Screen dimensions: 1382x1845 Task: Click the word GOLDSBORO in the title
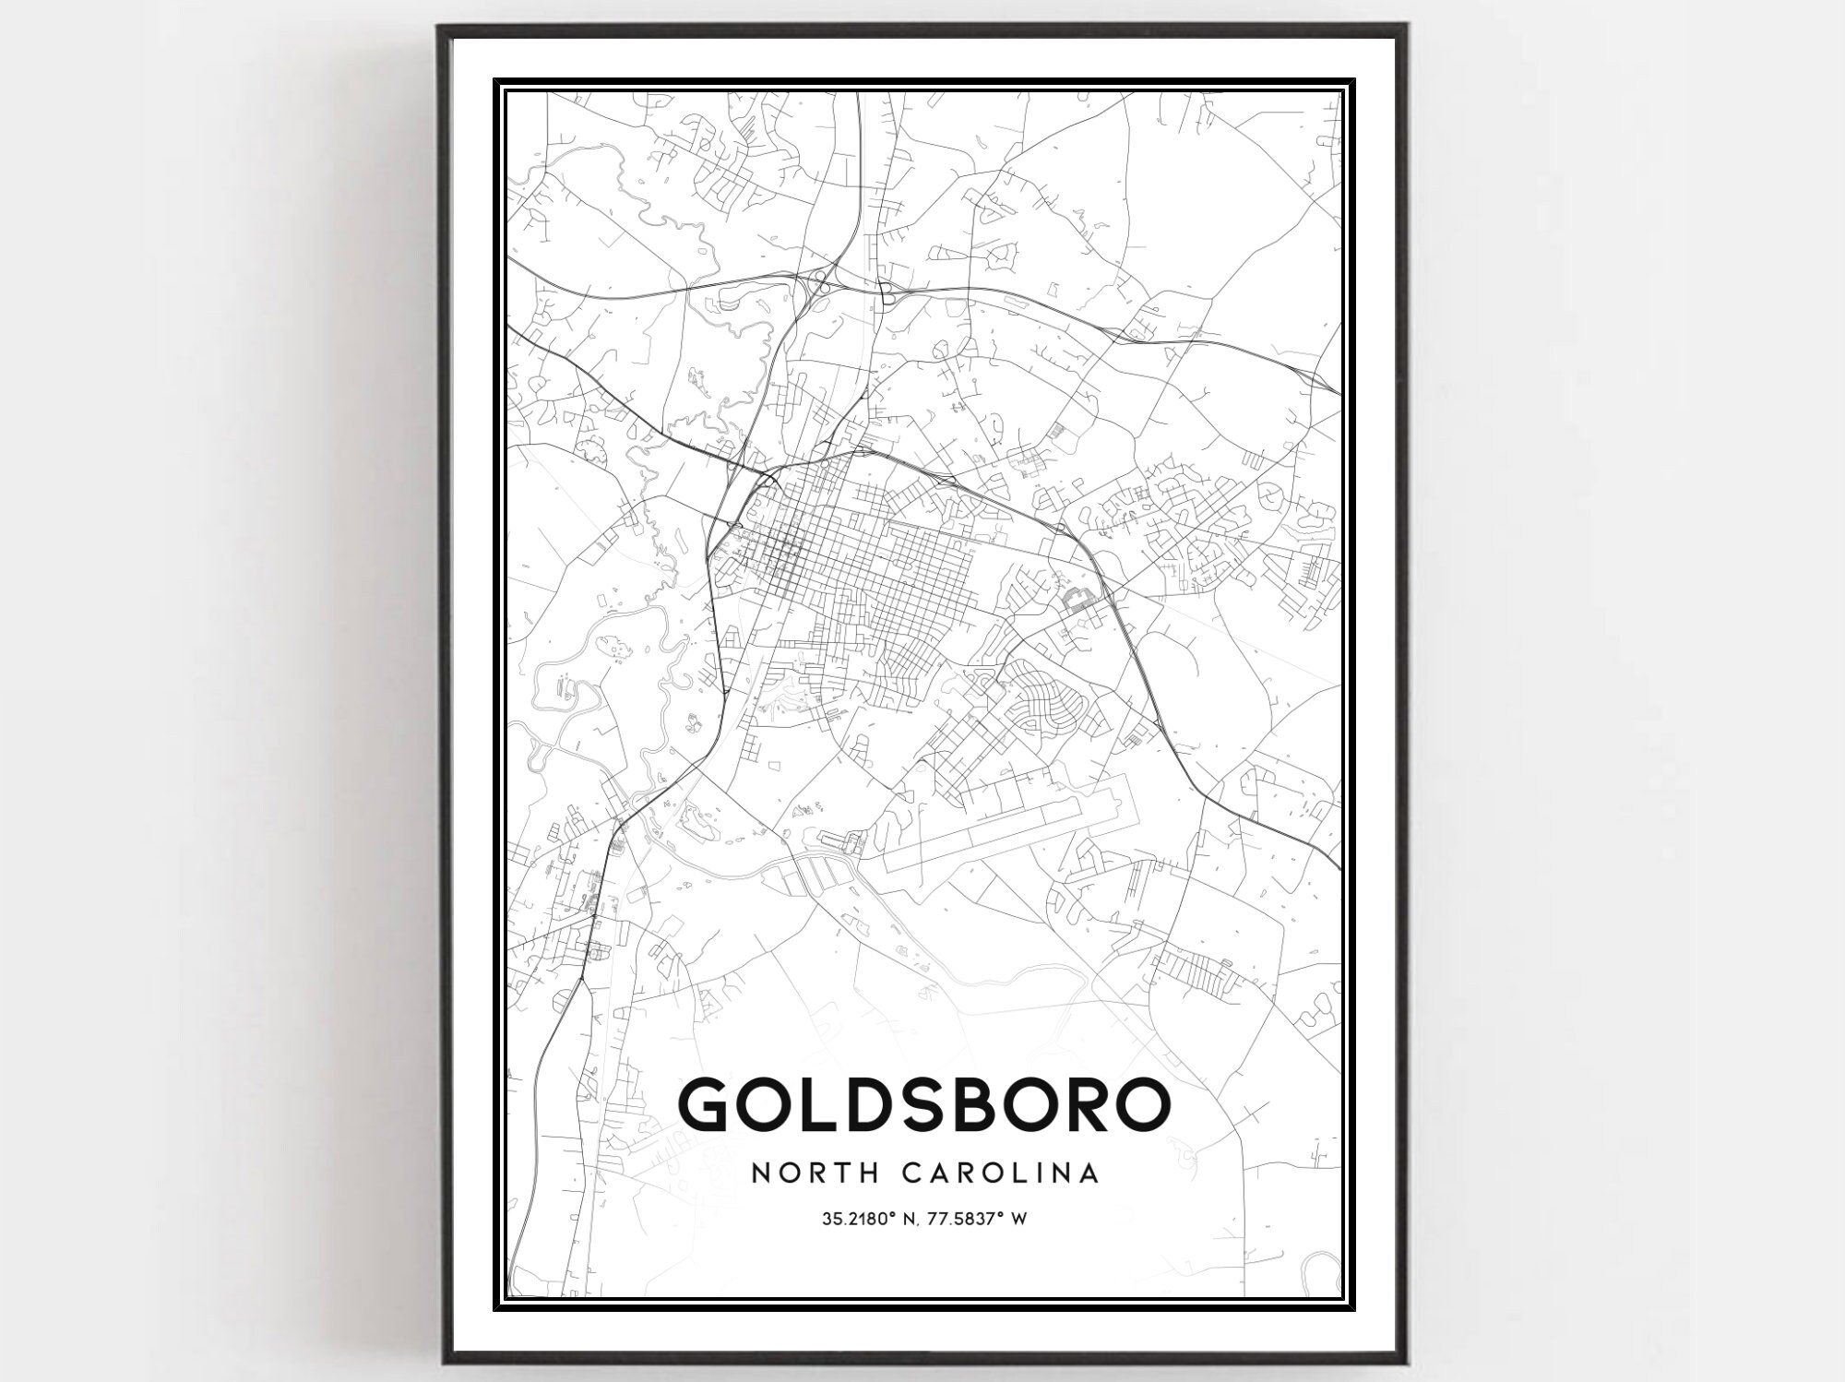pos(923,1103)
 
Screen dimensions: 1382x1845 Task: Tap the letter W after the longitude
pos(1019,1220)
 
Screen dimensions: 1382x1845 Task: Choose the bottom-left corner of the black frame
pos(441,1361)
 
